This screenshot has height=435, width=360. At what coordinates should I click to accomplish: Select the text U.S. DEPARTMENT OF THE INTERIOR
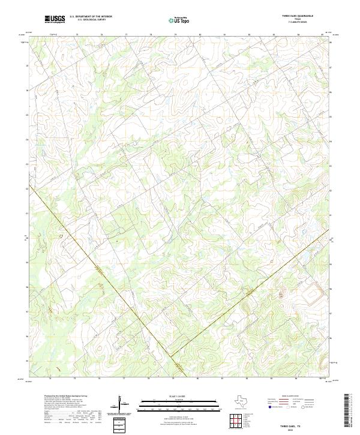pos(88,17)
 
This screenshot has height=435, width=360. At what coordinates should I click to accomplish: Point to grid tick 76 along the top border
pos(101,35)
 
